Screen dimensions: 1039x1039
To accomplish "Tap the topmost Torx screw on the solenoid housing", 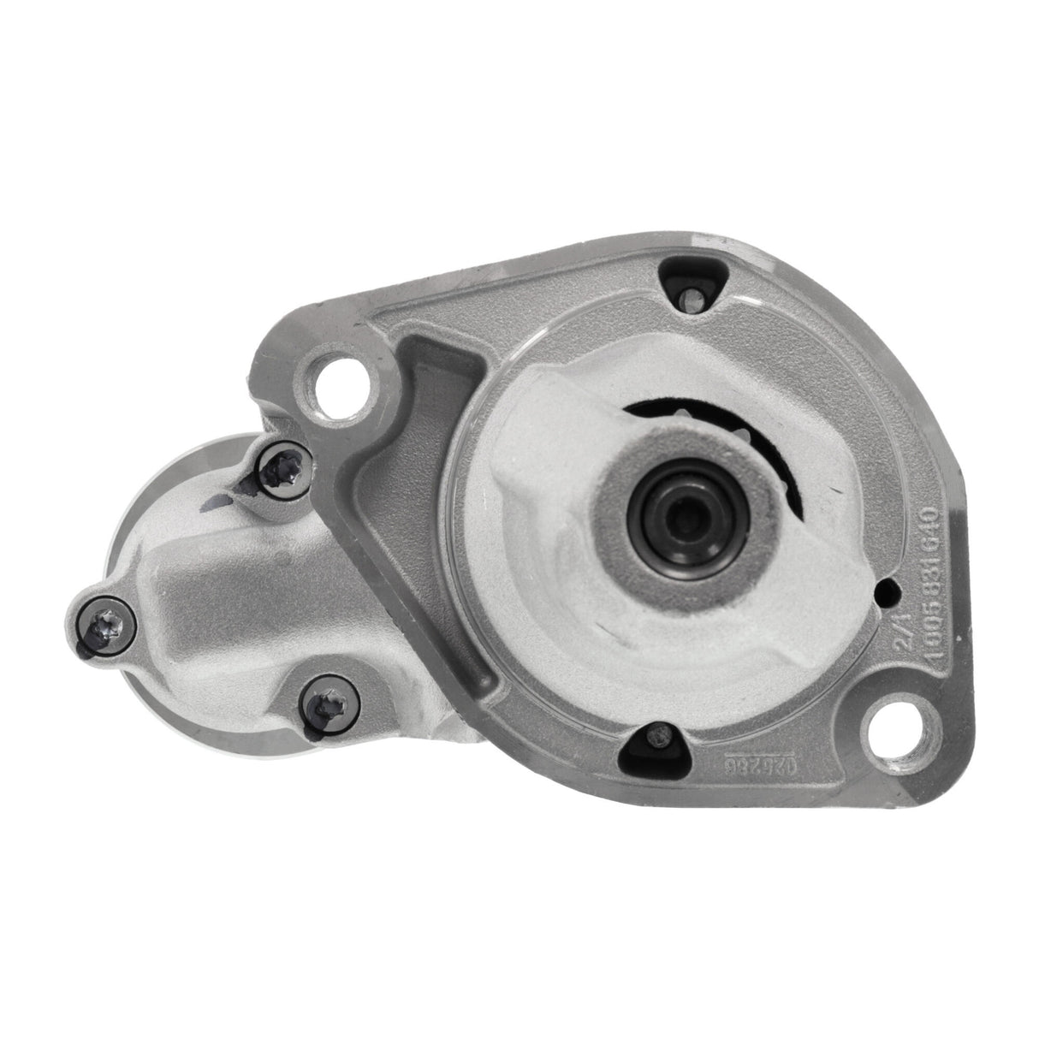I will coord(279,466).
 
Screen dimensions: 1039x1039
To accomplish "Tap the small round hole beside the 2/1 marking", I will coord(893,590).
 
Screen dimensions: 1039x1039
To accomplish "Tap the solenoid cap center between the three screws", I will coord(223,599).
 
